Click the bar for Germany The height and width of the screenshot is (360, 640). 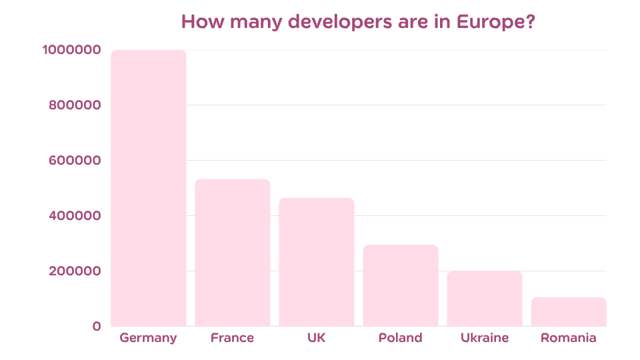tap(149, 188)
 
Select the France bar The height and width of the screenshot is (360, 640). tap(233, 253)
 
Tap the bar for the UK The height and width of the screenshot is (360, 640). tap(317, 262)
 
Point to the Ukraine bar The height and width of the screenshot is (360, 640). tap(485, 299)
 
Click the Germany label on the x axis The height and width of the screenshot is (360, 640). tap(148, 338)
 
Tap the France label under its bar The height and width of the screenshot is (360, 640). tap(233, 338)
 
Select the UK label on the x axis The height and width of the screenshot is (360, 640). tap(317, 338)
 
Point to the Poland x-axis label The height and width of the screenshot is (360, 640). tap(400, 338)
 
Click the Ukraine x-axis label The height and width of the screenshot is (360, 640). tap(485, 338)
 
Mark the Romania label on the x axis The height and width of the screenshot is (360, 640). tap(569, 338)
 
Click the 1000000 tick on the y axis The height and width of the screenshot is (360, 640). tap(71, 50)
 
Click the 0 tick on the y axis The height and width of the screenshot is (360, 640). tap(97, 327)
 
